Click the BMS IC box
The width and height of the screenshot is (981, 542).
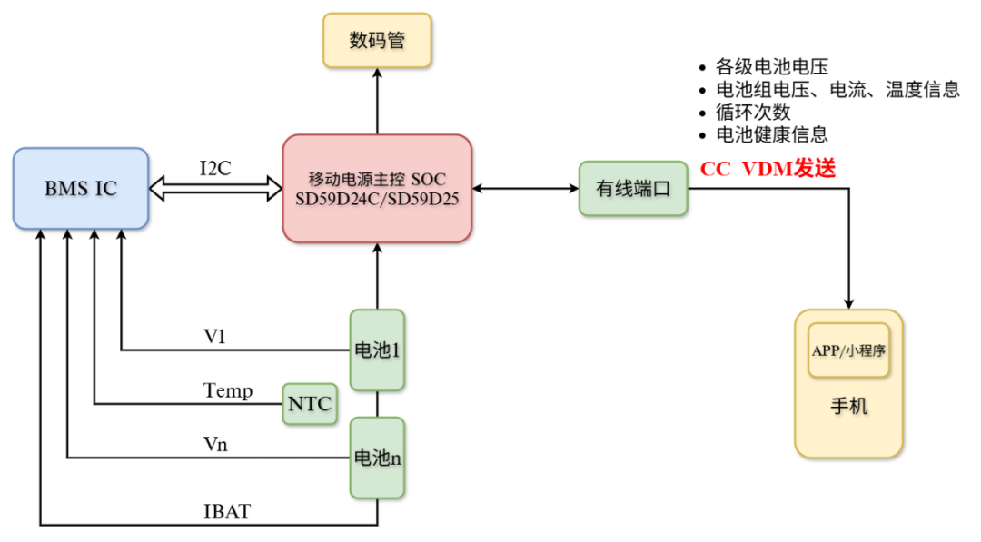tap(81, 188)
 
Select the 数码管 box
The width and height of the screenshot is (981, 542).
tap(377, 41)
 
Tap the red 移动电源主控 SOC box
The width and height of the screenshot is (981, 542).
tap(377, 189)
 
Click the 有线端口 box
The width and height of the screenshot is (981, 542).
tap(633, 189)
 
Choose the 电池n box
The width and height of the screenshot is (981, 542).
tap(377, 458)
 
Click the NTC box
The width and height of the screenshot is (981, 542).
tap(310, 403)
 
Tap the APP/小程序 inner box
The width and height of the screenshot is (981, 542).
tap(848, 350)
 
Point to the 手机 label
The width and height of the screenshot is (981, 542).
tap(848, 406)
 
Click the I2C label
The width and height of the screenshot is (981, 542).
tap(215, 167)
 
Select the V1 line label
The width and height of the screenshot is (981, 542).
tap(214, 337)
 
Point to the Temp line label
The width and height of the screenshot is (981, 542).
tap(227, 391)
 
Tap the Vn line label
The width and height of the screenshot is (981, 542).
tap(214, 445)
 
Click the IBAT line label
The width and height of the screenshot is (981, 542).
tap(226, 512)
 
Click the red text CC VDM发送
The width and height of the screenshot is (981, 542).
tap(768, 169)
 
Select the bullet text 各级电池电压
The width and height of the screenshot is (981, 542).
tap(772, 66)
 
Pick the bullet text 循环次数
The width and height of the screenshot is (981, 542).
tap(753, 113)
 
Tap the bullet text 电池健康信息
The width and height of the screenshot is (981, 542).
tap(772, 135)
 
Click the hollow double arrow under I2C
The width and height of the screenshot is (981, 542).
tap(215, 189)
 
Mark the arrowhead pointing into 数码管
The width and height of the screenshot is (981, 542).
tap(377, 74)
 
